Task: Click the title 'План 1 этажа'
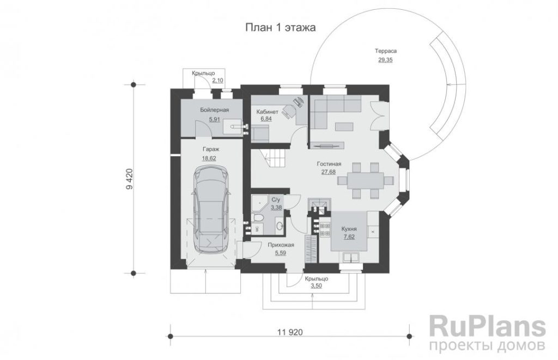pos(281,27)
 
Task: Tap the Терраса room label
pos(385,51)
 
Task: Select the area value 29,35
pos(385,60)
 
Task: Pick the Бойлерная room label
pos(214,110)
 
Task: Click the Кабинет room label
pos(267,112)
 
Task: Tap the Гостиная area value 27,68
pos(329,172)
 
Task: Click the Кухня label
pos(349,229)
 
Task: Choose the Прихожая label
pos(281,245)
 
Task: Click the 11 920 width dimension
pos(290,332)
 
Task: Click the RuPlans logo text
pos(488,326)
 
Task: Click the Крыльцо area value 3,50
pos(317,285)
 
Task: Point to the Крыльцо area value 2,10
pos(218,81)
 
